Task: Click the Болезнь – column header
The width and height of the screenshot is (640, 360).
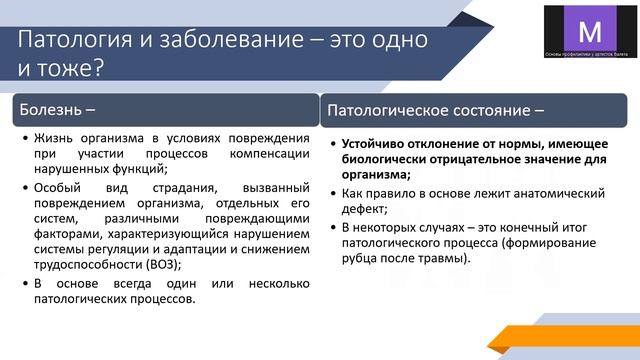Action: click(60, 106)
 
